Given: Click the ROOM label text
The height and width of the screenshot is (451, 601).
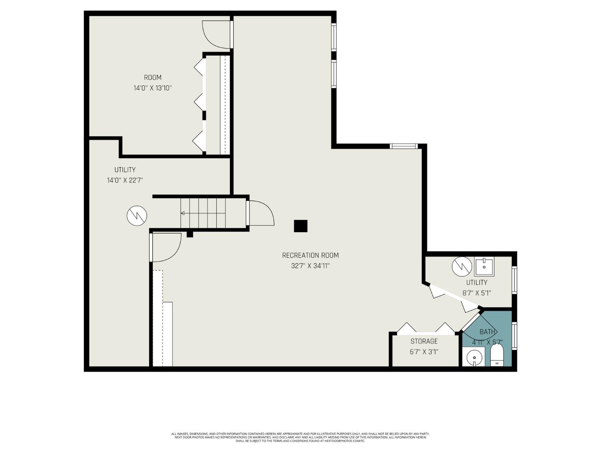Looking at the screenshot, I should (x=153, y=77).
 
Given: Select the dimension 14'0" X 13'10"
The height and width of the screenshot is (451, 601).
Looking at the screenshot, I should (x=153, y=88).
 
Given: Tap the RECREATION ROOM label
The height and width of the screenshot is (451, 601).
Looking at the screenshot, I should (x=310, y=255).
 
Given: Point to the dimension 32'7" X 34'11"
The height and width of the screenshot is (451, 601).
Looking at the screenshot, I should (x=310, y=266).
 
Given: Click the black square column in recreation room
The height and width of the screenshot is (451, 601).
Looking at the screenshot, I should (x=300, y=226).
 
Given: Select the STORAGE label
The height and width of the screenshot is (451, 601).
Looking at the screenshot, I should (x=424, y=341).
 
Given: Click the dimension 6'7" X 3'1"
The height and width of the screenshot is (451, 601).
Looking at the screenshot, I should (x=424, y=352).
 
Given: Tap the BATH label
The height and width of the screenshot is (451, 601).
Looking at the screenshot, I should (x=487, y=332).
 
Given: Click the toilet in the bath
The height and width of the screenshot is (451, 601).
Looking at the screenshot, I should (x=497, y=356).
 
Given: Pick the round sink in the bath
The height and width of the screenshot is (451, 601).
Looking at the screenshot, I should (x=474, y=356).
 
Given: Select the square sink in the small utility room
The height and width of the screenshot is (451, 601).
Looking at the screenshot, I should (x=484, y=265).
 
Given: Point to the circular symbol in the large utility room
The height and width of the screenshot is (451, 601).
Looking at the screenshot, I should (x=137, y=216).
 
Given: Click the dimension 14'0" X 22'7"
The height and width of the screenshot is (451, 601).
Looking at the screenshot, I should (x=125, y=180).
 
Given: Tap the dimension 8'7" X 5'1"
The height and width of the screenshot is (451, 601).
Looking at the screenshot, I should (x=477, y=293).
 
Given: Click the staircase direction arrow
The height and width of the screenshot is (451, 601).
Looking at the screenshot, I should (x=183, y=213).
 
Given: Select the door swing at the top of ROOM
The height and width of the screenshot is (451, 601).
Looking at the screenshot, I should (x=216, y=34).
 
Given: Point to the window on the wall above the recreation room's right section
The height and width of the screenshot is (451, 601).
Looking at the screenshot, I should (x=404, y=146).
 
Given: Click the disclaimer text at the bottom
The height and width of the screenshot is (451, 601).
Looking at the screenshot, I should (x=300, y=437).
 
